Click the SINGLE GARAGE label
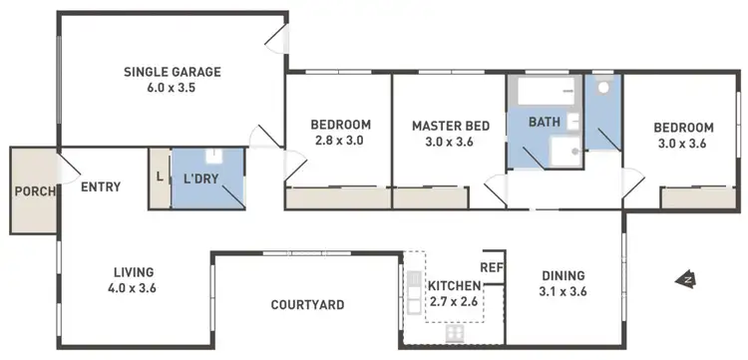172,72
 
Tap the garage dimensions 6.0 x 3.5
172,89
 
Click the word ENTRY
101,186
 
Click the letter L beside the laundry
160,178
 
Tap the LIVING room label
133,271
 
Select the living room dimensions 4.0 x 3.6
133,288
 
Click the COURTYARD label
308,304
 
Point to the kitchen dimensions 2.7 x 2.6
455,301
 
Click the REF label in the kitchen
491,267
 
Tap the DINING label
562,276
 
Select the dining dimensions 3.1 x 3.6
562,293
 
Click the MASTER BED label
450,126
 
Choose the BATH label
544,123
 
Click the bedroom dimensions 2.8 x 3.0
340,142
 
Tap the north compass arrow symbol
686,279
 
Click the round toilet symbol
602,88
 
